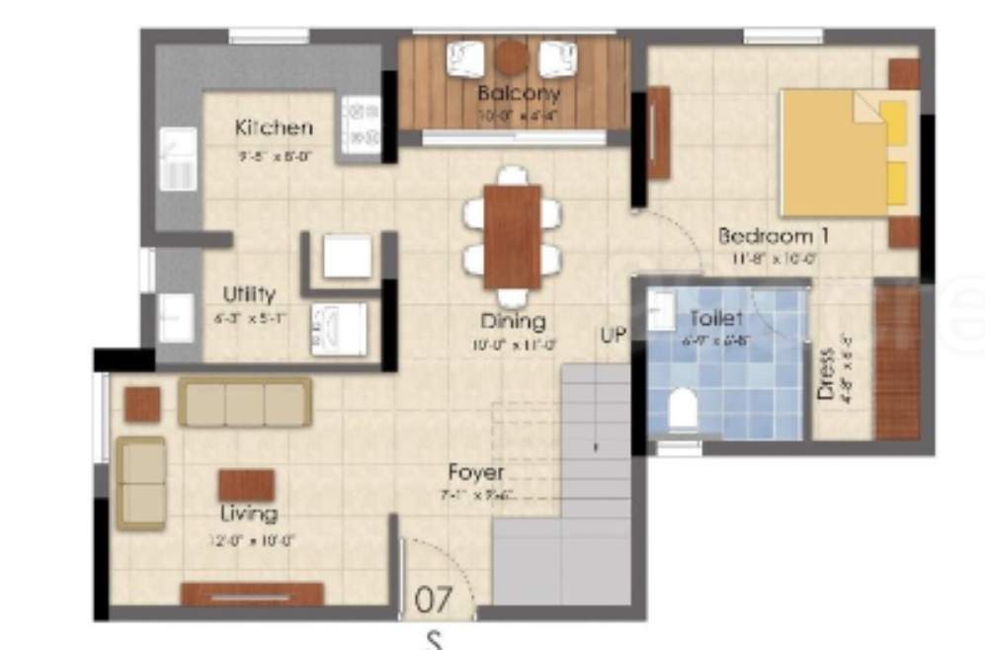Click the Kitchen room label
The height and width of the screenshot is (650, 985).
click(274, 127)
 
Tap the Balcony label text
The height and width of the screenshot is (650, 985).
click(519, 94)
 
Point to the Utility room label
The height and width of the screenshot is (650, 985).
click(249, 293)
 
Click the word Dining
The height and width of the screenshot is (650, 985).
click(513, 321)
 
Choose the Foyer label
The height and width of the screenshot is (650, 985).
click(475, 472)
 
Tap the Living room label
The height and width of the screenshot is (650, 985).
click(248, 514)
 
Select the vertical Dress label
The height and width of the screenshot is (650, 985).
click(827, 371)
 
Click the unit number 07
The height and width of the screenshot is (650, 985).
click(433, 599)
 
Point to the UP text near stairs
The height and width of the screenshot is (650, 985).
click(613, 335)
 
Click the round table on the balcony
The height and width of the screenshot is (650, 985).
click(511, 57)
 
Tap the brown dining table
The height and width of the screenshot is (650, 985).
click(512, 237)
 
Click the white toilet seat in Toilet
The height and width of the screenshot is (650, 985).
click(683, 410)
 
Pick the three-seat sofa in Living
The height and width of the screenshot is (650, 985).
click(244, 403)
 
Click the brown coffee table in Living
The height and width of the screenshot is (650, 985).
click(246, 484)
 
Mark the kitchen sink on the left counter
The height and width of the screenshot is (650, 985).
click(179, 163)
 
